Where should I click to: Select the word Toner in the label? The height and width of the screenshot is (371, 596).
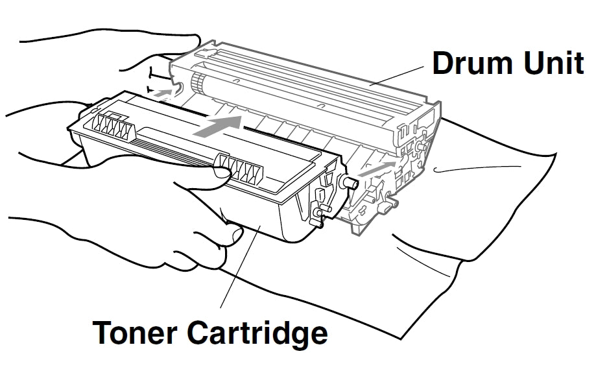click(x=137, y=332)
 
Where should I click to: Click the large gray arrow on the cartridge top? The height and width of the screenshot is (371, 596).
click(x=218, y=126)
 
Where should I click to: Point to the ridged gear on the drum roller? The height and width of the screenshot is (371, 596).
click(x=197, y=82)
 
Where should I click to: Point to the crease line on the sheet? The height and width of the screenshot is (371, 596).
click(x=467, y=170)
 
